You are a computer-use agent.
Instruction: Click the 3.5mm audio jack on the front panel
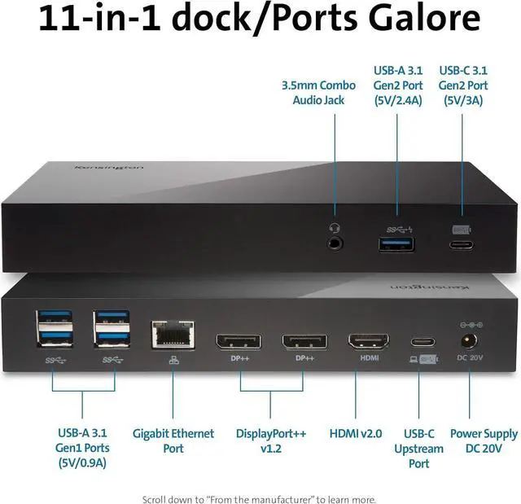tap(335, 243)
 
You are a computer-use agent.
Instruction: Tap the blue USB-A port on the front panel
tap(396, 243)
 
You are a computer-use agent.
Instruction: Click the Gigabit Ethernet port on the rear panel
tap(173, 334)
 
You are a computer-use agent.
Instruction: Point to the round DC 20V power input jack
tap(468, 340)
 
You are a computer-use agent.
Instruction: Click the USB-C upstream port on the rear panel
tap(419, 342)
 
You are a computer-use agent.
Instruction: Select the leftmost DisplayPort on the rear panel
tap(239, 340)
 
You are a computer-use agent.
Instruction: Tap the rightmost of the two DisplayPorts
tap(304, 340)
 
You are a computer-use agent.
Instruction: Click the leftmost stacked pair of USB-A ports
tap(49, 331)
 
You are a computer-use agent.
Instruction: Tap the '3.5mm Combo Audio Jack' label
tap(318, 92)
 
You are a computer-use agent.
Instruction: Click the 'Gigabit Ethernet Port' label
tap(173, 440)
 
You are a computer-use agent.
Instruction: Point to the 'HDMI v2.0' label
tap(356, 434)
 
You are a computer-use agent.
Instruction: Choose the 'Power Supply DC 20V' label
tap(483, 440)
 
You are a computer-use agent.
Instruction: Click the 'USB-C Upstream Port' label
tap(419, 449)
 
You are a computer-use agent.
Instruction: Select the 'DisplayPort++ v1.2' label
tap(271, 440)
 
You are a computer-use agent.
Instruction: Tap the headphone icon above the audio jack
tap(335, 229)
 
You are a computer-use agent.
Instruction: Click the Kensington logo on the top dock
tap(108, 168)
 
